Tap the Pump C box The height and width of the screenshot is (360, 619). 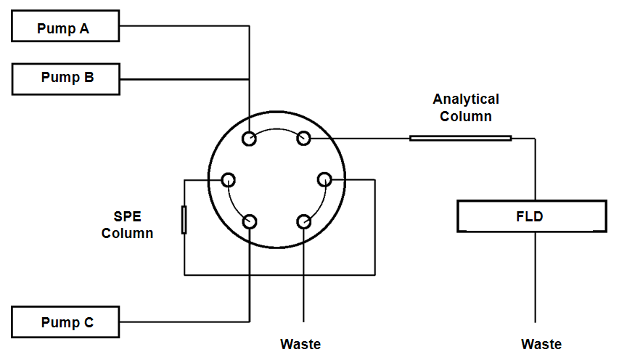(x=65, y=322)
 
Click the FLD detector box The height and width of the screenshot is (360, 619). (x=532, y=216)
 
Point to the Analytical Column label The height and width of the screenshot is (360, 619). (x=466, y=107)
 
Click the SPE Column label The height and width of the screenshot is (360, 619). (x=128, y=225)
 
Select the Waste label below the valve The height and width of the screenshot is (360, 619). (x=300, y=343)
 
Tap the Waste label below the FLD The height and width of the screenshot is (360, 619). (x=541, y=344)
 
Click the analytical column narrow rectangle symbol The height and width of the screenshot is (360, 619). (x=460, y=138)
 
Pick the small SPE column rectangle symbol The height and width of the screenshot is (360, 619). (x=184, y=220)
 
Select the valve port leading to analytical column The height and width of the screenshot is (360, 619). (x=303, y=138)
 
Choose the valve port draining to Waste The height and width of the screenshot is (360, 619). (x=303, y=221)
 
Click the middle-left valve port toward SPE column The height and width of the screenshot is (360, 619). (x=229, y=179)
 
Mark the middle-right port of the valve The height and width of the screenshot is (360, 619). (x=324, y=179)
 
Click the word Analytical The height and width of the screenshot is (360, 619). (x=466, y=99)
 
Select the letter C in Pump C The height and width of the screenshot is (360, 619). (x=89, y=322)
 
